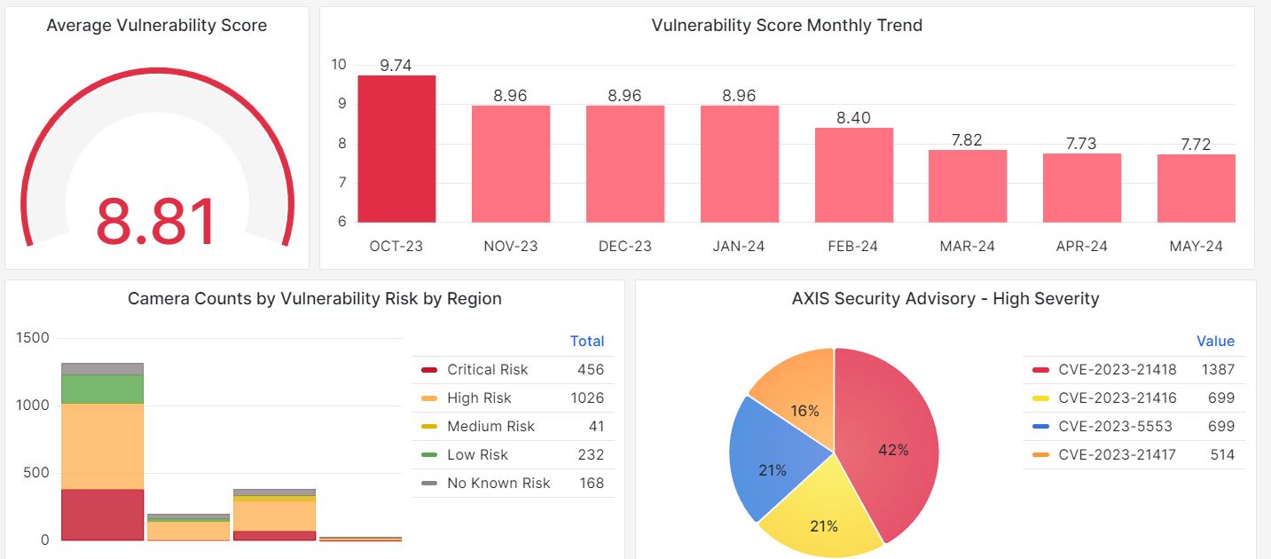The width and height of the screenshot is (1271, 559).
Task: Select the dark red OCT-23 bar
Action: pos(396,149)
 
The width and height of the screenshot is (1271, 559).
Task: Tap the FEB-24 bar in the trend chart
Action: pos(853,175)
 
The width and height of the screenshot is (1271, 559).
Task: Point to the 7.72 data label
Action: pos(1196,144)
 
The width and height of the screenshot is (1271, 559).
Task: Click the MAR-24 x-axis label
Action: pos(967,247)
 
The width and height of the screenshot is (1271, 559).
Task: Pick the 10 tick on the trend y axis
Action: pos(339,64)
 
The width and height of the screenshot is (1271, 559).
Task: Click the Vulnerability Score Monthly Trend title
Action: pos(787,26)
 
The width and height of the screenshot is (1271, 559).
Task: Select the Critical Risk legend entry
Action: pos(487,370)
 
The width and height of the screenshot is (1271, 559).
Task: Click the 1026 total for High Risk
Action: pos(587,398)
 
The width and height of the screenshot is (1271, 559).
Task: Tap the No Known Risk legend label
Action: pos(498,484)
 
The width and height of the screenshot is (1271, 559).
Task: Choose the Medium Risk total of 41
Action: pos(596,427)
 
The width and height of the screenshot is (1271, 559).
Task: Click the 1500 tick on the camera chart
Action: pos(33,338)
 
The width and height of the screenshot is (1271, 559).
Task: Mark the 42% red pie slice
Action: pos(887,444)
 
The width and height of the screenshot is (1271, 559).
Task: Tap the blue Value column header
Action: pos(1215,342)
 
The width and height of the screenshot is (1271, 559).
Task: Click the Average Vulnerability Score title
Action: pos(156,26)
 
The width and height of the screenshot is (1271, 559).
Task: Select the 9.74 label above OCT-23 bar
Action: pos(396,66)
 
